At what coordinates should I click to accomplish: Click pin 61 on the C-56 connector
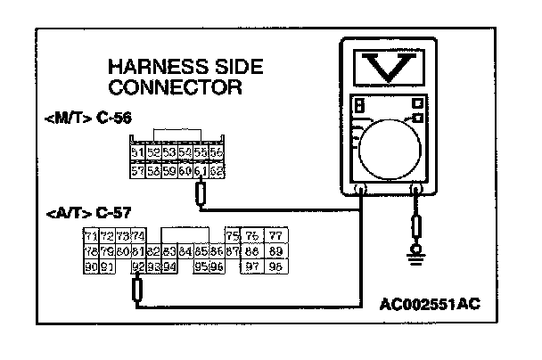pos(201,169)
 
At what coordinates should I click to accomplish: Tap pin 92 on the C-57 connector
pos(137,266)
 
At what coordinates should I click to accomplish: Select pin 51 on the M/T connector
pos(136,153)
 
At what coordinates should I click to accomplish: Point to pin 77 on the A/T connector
pos(275,236)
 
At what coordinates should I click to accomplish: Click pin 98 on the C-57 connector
pos(275,266)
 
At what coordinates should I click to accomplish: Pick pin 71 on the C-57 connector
pos(90,236)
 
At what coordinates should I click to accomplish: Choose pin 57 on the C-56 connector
pos(136,169)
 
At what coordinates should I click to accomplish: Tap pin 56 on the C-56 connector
pos(216,153)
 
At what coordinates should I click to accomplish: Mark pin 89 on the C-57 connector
pos(275,251)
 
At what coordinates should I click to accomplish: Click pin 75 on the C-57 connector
pos(234,236)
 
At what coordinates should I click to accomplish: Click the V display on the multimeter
pos(391,67)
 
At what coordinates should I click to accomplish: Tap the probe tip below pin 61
pos(201,193)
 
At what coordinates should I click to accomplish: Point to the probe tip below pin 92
pos(137,290)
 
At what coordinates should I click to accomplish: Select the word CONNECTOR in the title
pos(174,87)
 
